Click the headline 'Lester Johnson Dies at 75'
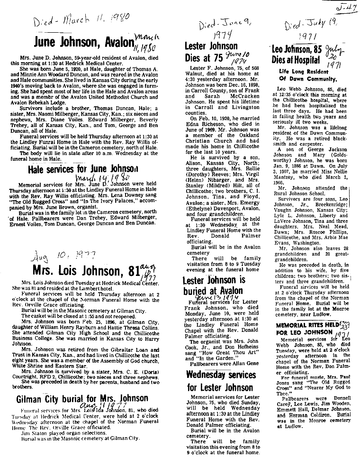[211, 53]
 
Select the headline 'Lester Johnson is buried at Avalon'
[214, 285]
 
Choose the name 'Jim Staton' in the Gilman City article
[32, 433]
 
